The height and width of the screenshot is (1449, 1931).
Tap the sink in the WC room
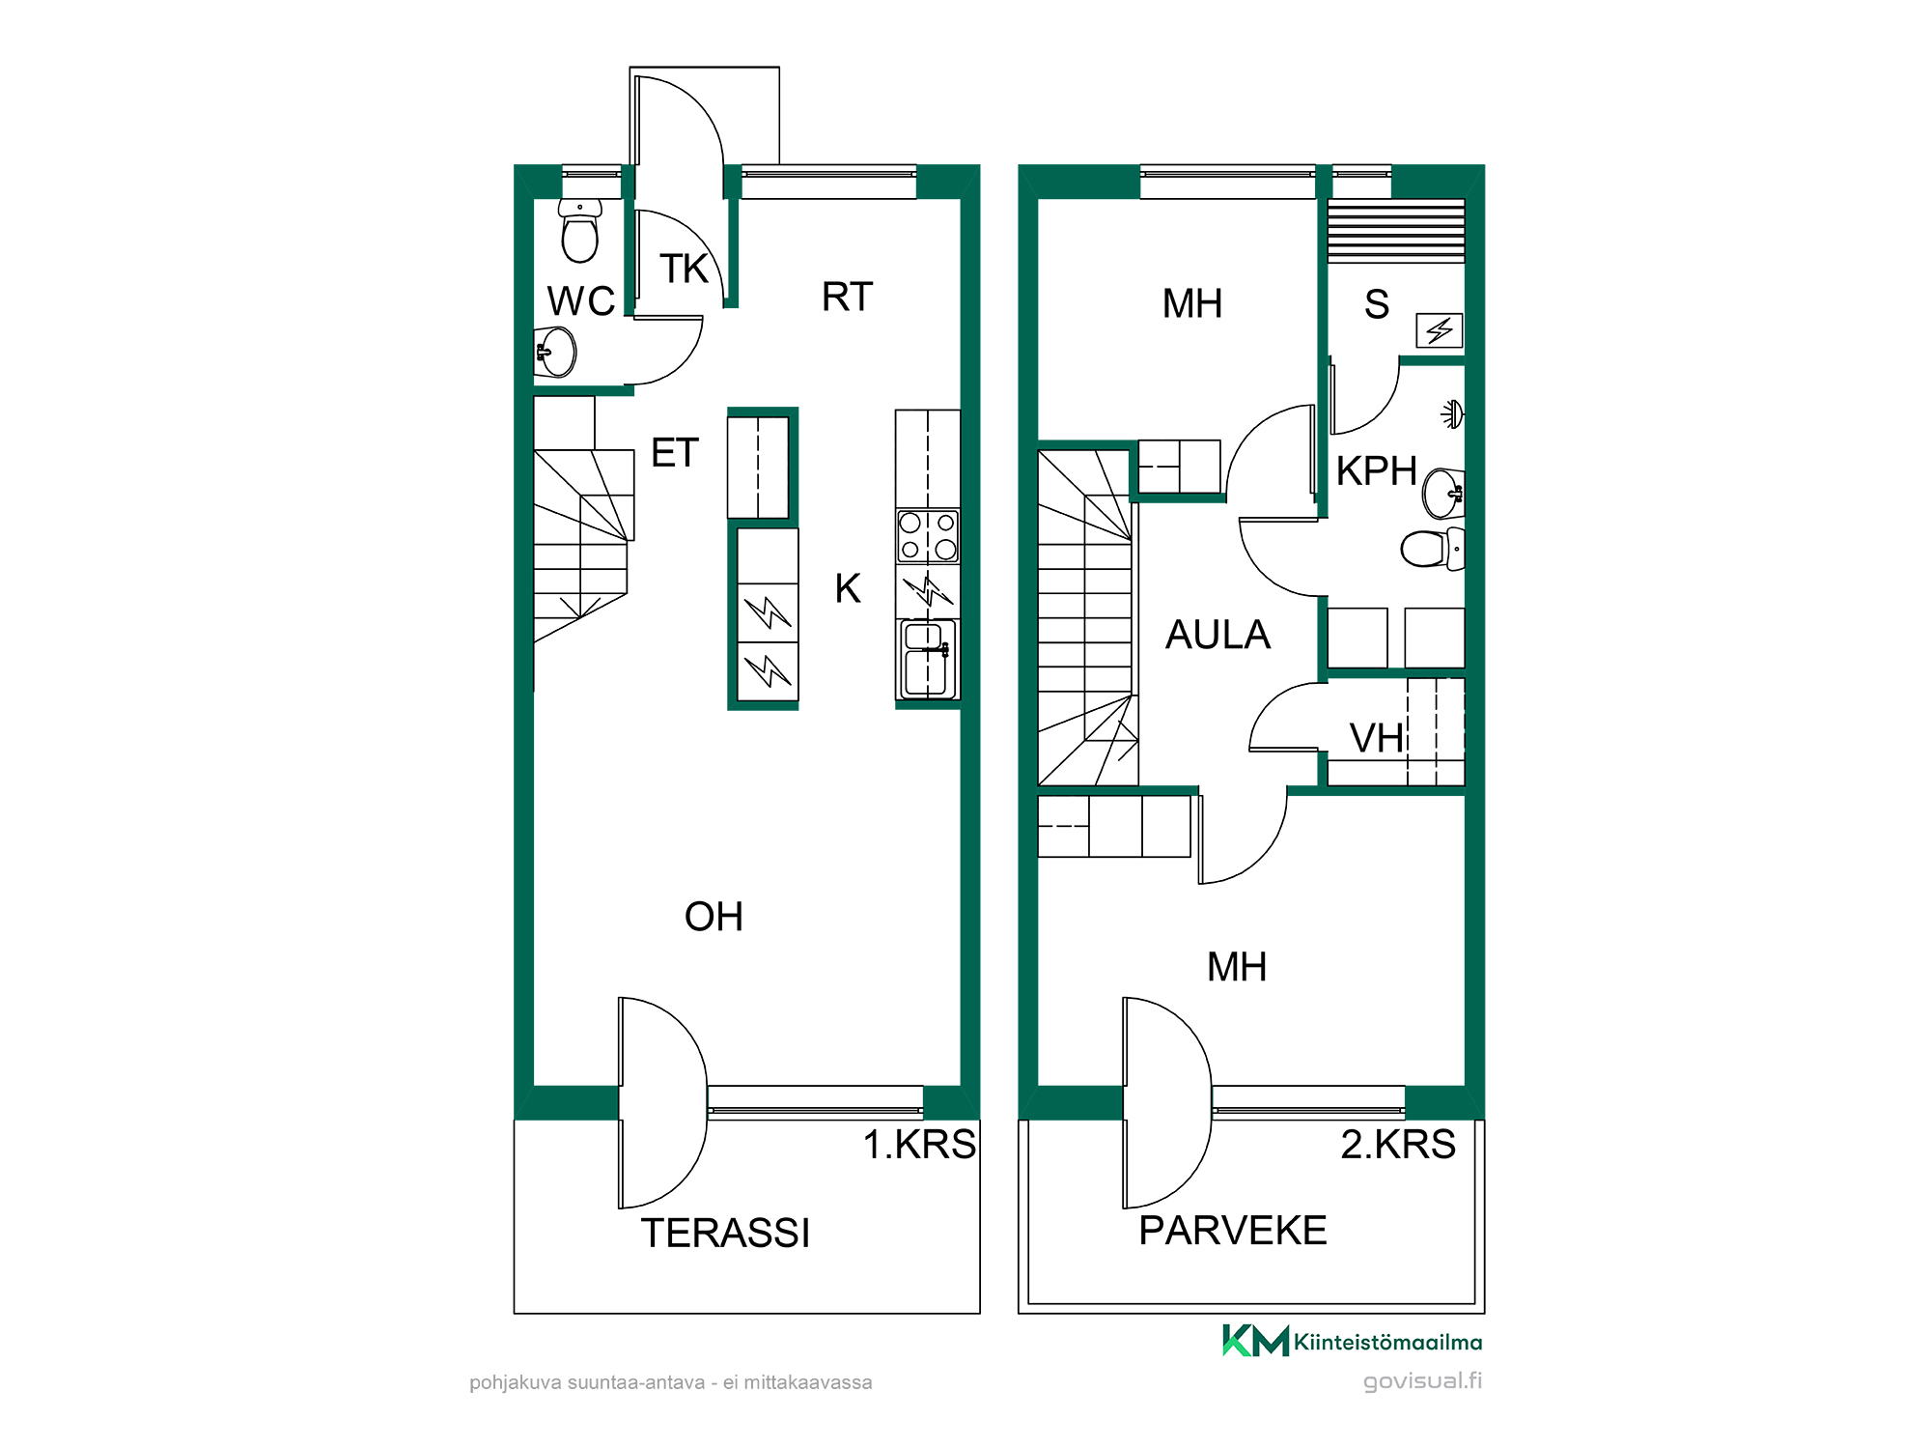click(555, 352)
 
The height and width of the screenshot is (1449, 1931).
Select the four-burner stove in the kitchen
click(927, 536)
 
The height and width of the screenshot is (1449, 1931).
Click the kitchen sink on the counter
click(927, 659)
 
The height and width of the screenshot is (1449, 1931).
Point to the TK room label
click(684, 269)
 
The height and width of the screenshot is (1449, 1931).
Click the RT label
click(847, 297)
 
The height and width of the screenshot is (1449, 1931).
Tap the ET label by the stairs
click(674, 452)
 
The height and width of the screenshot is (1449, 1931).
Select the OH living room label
click(714, 917)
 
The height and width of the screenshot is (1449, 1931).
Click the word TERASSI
click(725, 1233)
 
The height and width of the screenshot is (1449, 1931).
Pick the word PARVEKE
click(1233, 1231)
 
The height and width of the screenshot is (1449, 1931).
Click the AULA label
click(1217, 635)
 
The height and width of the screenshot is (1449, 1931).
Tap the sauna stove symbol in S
click(1440, 330)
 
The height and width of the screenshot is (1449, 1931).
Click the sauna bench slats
click(1396, 231)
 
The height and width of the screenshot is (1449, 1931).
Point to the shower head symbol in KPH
click(1453, 414)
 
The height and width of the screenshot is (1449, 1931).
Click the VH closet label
click(1376, 738)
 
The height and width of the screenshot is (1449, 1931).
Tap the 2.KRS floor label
click(1397, 1144)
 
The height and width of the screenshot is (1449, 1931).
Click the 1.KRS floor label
click(919, 1144)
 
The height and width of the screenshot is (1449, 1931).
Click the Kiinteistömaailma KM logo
click(1352, 1341)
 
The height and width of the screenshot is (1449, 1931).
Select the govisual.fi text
click(1422, 1381)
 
